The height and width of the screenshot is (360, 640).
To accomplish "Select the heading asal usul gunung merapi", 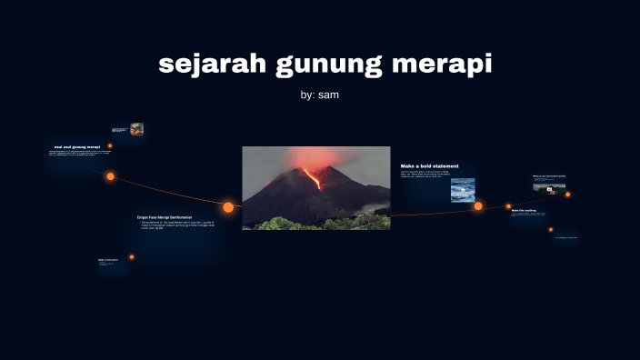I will tap(77, 146).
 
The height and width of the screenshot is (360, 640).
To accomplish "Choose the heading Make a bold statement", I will tap(430, 165).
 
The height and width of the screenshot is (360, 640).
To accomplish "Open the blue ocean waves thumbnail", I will tap(463, 189).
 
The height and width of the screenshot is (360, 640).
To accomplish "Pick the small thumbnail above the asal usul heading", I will tap(136, 129).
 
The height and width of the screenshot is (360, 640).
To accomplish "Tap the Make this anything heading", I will tap(524, 210).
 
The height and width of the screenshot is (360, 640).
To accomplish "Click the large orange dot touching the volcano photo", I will tap(228, 207).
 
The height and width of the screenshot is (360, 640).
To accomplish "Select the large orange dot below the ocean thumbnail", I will tap(478, 206).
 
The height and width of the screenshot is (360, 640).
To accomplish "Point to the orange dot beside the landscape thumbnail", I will tap(568, 194).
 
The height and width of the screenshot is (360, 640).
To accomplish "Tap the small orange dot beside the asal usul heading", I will tap(110, 145).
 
